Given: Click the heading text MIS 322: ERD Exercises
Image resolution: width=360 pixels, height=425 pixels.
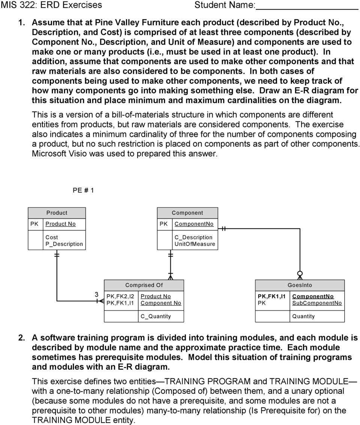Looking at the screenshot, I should [x=52, y=5].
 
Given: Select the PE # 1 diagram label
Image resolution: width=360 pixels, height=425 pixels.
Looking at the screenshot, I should [x=83, y=190].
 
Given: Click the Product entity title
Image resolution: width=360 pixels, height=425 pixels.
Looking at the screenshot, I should [x=57, y=213].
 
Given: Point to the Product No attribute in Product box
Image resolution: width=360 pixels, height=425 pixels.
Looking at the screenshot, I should [x=60, y=224].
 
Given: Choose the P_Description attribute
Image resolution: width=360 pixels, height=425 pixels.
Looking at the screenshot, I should [x=64, y=244].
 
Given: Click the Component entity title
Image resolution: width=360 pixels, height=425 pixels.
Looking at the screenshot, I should [x=187, y=213].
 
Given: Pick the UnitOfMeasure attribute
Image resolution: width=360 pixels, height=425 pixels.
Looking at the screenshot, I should [x=195, y=244].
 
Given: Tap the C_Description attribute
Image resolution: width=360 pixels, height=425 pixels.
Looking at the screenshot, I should [x=193, y=237].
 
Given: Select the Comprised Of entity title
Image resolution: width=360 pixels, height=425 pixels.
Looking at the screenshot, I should [x=144, y=285].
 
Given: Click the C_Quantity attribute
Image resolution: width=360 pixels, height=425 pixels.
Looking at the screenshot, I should [x=156, y=316].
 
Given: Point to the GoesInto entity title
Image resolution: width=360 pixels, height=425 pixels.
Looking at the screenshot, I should [x=300, y=285].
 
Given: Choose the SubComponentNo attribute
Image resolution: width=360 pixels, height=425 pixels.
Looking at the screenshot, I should [x=317, y=303].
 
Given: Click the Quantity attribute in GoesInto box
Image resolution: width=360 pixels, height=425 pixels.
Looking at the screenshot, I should [x=303, y=316].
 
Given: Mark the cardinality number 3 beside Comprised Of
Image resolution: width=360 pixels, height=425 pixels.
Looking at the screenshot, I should [x=96, y=294].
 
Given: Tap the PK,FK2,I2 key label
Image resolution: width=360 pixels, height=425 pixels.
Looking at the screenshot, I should [x=120, y=296].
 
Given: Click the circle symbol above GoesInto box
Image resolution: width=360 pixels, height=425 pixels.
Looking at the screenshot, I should [x=300, y=273].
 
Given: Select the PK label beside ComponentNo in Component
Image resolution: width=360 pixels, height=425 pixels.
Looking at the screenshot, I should [x=163, y=224].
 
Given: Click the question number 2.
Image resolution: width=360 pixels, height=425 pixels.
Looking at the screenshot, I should [x=22, y=337].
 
